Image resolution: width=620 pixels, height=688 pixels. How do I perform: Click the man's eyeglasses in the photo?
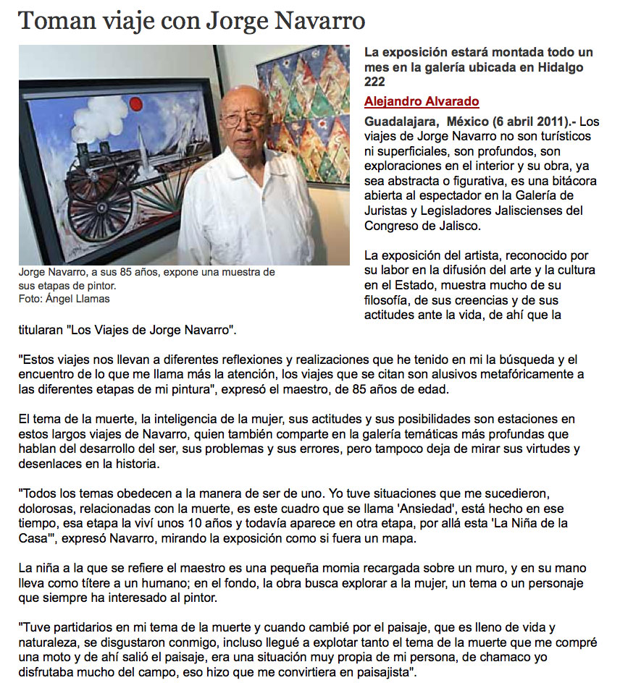pos(243,119)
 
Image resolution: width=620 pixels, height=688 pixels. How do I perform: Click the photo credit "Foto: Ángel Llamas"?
pos(64,299)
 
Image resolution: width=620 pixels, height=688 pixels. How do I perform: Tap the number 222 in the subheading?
pos(376,82)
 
